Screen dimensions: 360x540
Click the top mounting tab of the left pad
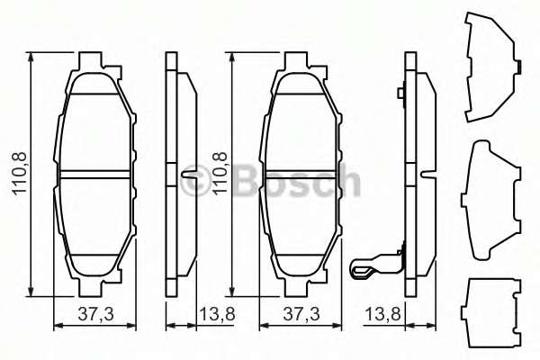pos(94,63)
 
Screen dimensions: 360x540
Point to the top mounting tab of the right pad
pos(300,63)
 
